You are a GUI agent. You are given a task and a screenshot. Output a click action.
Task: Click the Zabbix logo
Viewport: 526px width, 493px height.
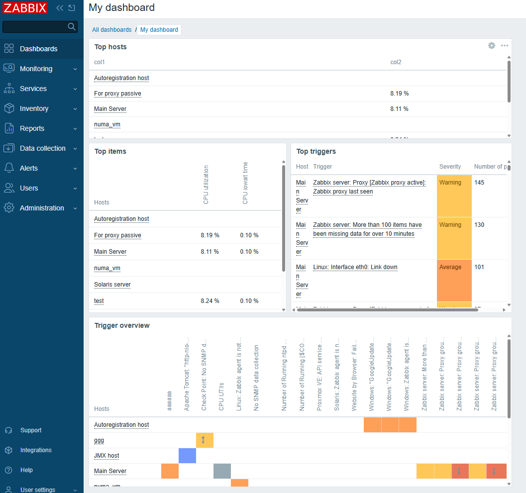(x=25, y=8)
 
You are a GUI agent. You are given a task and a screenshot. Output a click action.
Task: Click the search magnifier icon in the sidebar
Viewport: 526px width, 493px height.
(x=72, y=26)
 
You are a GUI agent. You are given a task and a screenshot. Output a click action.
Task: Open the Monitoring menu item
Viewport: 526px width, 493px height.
(x=36, y=69)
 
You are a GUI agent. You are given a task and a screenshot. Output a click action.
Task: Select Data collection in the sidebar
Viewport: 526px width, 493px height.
(x=42, y=148)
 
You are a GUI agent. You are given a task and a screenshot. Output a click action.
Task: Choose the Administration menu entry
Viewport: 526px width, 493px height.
(x=42, y=208)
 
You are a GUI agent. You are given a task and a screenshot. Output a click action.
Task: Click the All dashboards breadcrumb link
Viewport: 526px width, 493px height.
(x=112, y=30)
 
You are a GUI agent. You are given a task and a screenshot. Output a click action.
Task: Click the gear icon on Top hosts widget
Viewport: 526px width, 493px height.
(x=492, y=46)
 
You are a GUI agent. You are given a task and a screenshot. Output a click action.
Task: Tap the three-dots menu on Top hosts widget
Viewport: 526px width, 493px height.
(x=505, y=46)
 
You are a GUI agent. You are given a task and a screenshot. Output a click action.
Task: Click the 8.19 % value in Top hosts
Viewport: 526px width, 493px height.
(x=400, y=94)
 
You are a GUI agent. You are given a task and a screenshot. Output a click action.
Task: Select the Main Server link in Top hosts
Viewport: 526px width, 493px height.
(x=110, y=109)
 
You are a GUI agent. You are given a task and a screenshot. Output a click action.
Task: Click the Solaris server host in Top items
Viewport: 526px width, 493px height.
(x=112, y=285)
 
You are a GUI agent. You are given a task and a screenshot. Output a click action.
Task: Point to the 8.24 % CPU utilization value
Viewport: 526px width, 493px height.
(x=210, y=301)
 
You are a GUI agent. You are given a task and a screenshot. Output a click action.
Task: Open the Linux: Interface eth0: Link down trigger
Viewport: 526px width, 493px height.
(x=355, y=267)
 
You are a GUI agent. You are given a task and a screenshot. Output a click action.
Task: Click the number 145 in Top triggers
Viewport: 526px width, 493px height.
(x=479, y=183)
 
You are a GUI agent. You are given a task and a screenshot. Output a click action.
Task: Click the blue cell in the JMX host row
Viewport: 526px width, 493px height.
(x=187, y=456)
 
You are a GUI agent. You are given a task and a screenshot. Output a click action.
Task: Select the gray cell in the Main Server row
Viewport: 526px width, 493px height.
(x=222, y=471)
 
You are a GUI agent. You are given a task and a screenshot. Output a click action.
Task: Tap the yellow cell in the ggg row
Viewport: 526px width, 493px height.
(x=205, y=440)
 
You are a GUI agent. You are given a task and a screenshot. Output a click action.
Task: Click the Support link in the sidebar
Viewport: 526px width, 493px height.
(x=31, y=430)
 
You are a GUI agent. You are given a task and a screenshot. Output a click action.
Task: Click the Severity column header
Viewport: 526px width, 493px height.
(x=450, y=167)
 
